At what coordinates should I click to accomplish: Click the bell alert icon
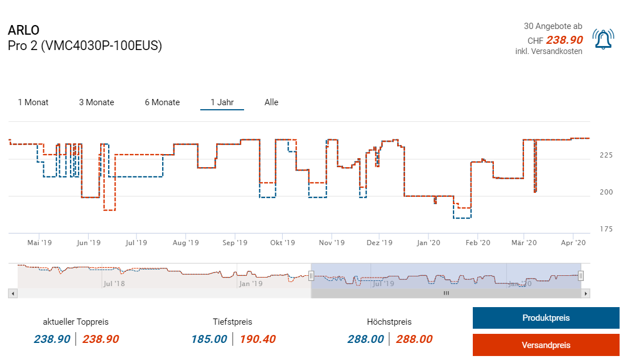tap(603, 39)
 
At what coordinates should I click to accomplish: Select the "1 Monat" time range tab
tap(33, 102)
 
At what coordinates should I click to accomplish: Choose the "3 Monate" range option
tap(96, 102)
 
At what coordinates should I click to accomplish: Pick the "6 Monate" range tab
tap(162, 102)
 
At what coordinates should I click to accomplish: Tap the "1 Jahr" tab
tap(222, 102)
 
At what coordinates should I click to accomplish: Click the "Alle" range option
tap(271, 102)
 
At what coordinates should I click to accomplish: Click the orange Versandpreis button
tap(546, 345)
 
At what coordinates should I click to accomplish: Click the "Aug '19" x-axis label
tap(185, 243)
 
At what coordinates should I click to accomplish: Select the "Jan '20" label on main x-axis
tap(429, 243)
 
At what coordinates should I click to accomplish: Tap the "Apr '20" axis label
tap(573, 243)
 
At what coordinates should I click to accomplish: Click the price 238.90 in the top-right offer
tap(564, 40)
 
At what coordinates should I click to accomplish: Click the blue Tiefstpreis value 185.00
tap(209, 340)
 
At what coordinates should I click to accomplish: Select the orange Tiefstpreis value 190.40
tap(257, 340)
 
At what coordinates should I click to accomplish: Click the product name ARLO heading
tap(24, 31)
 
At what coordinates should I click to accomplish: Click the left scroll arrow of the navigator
tap(13, 293)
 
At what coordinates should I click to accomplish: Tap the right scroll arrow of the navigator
tap(585, 293)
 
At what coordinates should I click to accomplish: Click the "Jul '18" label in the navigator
tap(114, 283)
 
